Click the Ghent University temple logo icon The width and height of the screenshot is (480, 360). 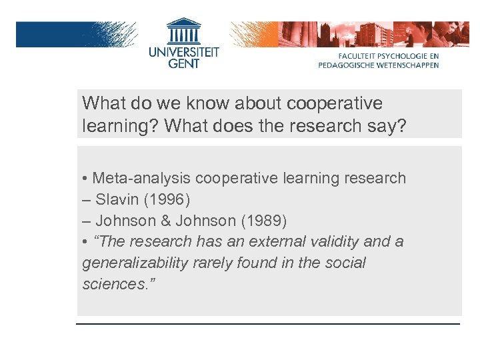[x=183, y=31]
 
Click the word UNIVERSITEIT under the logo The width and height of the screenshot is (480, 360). [x=183, y=51]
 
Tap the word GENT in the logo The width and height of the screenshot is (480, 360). [x=183, y=64]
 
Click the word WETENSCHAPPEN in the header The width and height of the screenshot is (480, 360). [x=408, y=65]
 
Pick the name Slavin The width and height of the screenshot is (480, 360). [x=117, y=199]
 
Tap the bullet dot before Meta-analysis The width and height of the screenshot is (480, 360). [x=85, y=179]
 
